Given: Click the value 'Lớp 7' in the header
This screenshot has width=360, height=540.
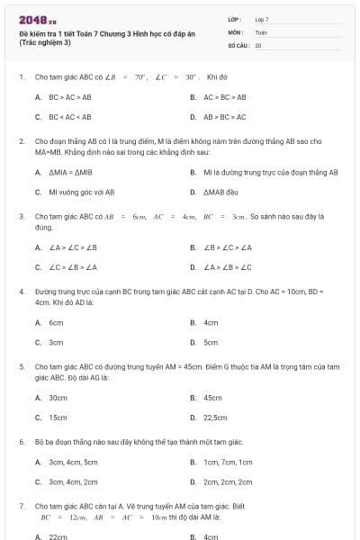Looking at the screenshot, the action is pyautogui.click(x=262, y=19).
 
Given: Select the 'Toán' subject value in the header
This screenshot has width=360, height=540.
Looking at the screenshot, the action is pyautogui.click(x=261, y=31).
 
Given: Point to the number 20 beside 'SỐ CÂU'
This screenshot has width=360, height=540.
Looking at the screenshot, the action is pyautogui.click(x=258, y=44).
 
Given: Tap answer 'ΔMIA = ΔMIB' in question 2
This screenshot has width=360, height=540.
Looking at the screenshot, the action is pyautogui.click(x=64, y=172).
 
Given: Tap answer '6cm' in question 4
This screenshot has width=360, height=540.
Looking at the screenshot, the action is pyautogui.click(x=56, y=322).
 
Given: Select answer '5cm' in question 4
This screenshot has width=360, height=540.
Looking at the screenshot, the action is pyautogui.click(x=211, y=343).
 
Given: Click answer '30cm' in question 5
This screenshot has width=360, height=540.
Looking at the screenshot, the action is pyautogui.click(x=58, y=397).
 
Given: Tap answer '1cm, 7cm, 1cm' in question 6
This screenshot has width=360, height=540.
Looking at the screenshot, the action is pyautogui.click(x=228, y=462).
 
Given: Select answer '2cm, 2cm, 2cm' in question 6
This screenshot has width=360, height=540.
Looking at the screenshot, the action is pyautogui.click(x=228, y=482).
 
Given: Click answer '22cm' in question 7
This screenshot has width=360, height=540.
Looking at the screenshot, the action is pyautogui.click(x=58, y=537).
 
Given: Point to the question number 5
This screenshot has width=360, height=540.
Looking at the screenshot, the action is pyautogui.click(x=22, y=367).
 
